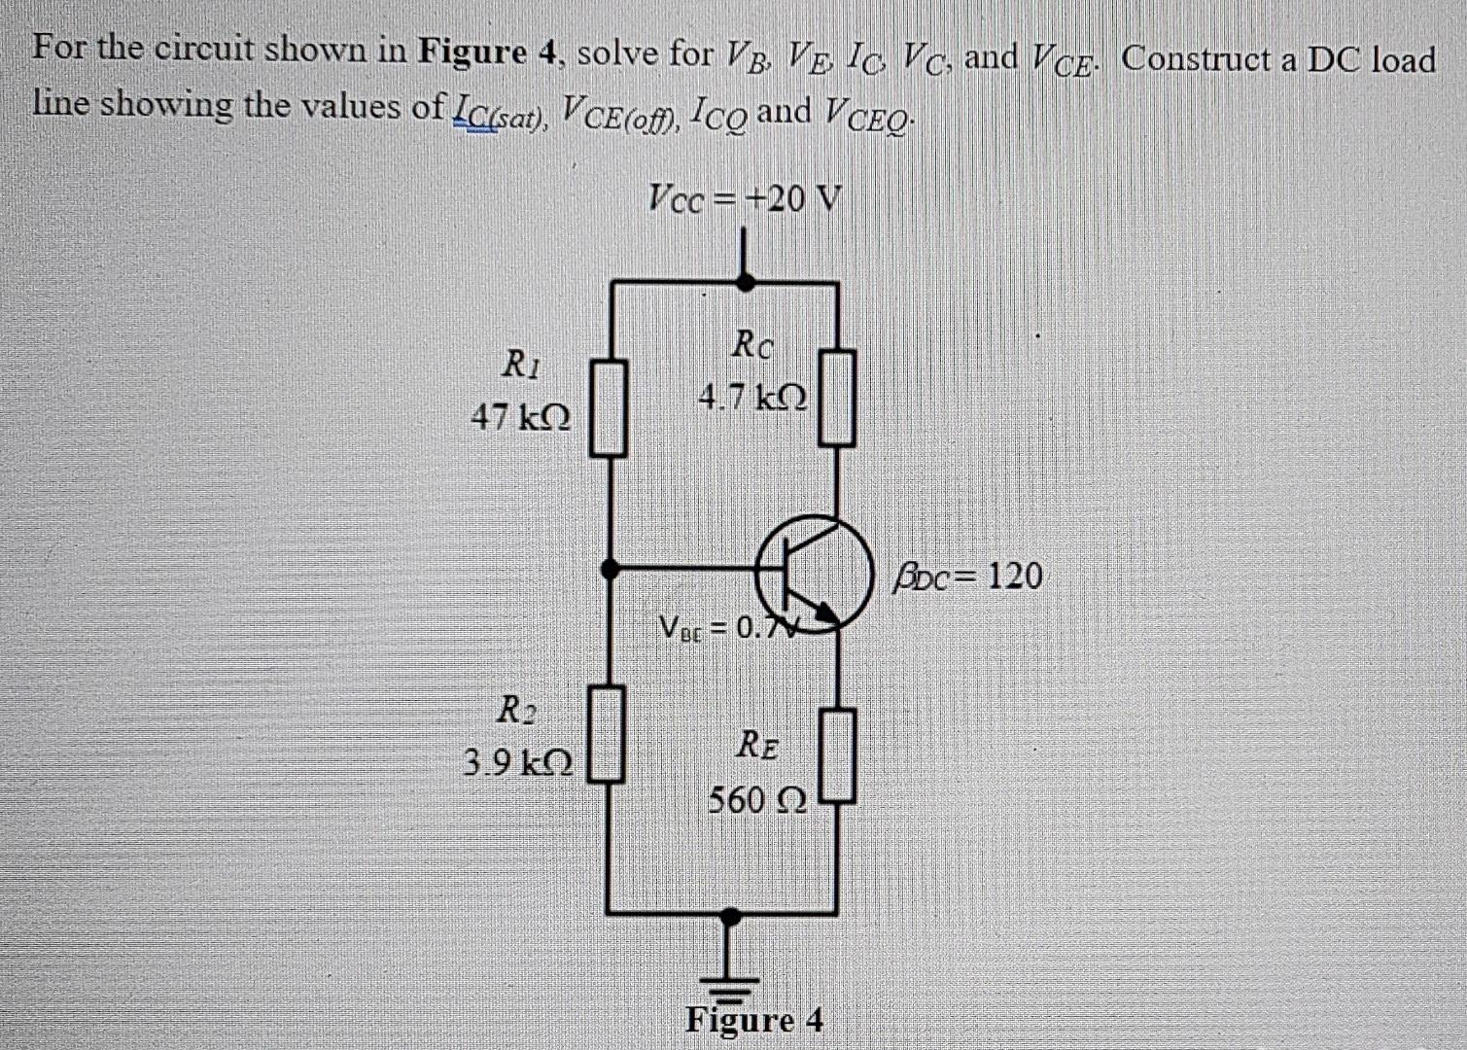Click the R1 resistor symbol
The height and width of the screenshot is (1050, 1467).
click(x=609, y=406)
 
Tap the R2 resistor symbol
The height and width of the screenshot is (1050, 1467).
click(x=609, y=733)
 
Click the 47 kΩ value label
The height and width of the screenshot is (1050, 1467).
click(x=521, y=418)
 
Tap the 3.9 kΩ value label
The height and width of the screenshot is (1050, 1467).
click(x=518, y=761)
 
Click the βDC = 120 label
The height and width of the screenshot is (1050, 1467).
click(x=968, y=576)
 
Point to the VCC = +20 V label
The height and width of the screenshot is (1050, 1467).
click(x=745, y=199)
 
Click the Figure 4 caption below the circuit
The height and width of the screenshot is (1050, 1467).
click(x=755, y=1020)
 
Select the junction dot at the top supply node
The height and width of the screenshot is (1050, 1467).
click(x=745, y=282)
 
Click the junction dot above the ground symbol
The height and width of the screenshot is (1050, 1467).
click(x=731, y=914)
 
